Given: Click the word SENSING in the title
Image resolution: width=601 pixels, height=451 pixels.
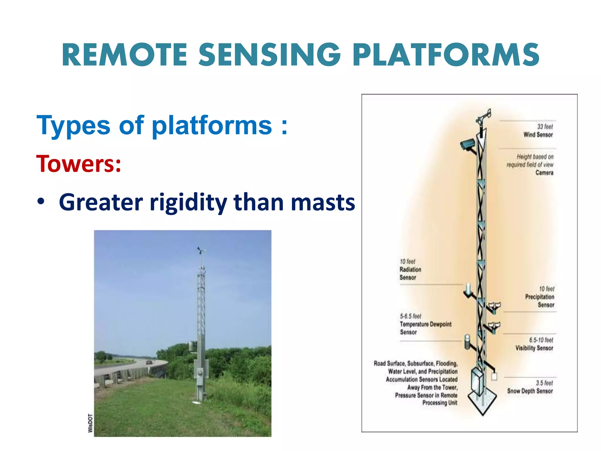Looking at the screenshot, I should point(269,55).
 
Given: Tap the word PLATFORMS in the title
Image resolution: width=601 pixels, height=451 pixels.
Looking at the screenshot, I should point(446,55).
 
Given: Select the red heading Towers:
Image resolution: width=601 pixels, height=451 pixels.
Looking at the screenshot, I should point(78,164).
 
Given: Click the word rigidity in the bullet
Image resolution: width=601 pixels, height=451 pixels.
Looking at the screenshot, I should point(188,203).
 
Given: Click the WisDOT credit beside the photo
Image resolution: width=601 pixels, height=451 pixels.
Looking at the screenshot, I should point(90,423).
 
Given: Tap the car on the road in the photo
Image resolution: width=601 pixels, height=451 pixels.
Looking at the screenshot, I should point(149,362).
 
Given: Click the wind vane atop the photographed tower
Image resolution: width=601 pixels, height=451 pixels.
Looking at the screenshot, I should point(201,250).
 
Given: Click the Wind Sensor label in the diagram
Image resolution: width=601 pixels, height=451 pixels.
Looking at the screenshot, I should point(538,135).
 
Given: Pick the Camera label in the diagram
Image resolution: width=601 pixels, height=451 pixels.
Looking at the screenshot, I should point(544,173).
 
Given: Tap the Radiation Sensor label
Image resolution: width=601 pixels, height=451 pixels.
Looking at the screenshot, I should point(410,273).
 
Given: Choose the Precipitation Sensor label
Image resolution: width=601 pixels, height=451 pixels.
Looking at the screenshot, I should point(540,301).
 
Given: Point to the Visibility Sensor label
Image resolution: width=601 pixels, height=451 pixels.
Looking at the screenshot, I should point(534,348).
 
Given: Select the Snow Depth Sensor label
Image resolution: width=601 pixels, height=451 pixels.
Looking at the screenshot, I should point(530,391).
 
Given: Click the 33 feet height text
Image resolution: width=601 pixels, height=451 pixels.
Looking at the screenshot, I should point(545,127).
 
